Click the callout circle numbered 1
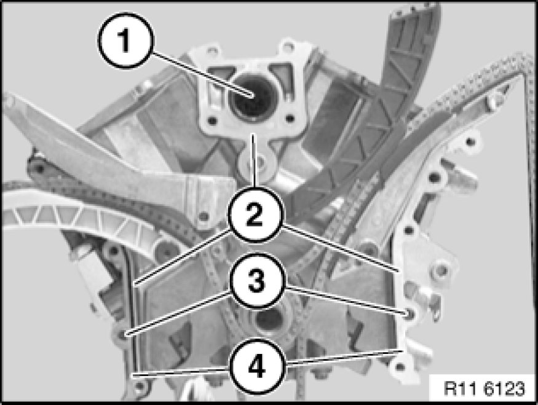[126, 40]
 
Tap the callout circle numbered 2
[255, 215]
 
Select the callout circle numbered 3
[258, 281]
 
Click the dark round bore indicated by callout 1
[251, 98]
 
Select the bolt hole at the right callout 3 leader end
[409, 313]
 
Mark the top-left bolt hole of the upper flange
[212, 51]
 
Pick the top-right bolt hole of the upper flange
[288, 45]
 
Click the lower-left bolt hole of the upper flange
[212, 120]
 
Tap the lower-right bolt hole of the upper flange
[290, 119]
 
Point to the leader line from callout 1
[203, 74]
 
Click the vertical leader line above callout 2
[253, 160]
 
